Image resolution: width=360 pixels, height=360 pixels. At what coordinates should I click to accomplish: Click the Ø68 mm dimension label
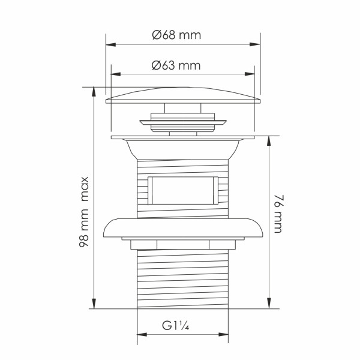pos(176,35)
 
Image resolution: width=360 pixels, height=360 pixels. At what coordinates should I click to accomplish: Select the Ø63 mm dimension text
pos(176,65)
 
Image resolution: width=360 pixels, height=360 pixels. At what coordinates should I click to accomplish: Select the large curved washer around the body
pos(183,227)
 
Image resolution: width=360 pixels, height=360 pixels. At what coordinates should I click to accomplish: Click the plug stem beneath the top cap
pos(183,109)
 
